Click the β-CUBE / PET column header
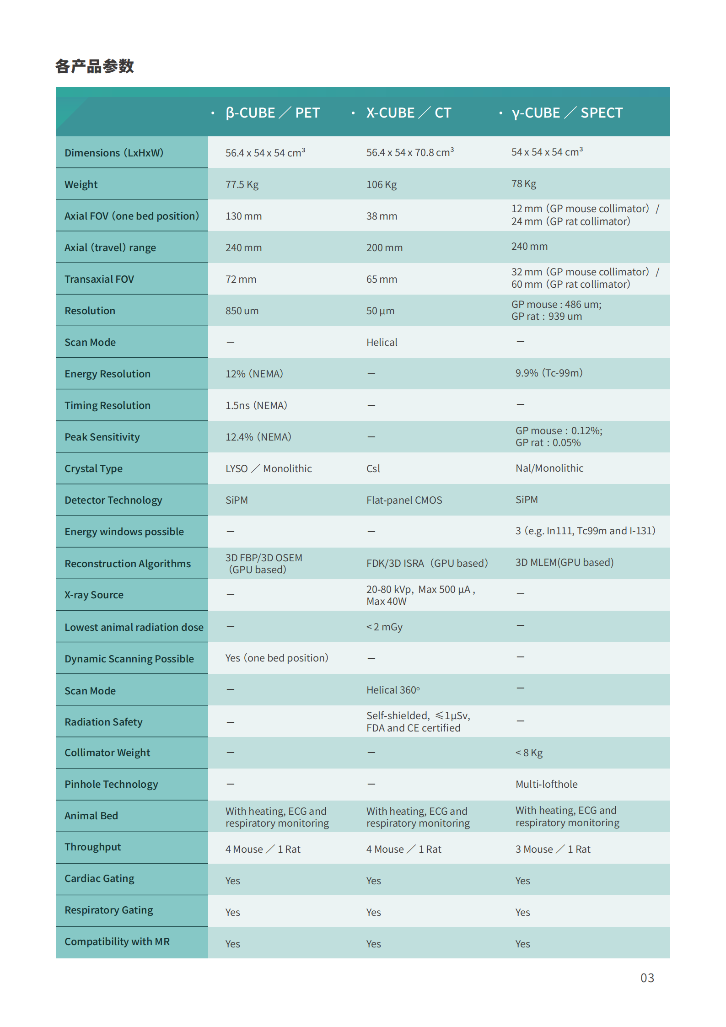point(273,113)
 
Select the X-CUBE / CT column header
point(409,113)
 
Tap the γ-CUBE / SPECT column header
point(567,113)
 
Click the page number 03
point(647,978)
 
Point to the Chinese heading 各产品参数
point(94,66)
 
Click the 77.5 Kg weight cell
point(242,184)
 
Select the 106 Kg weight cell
point(382,184)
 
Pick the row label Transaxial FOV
point(99,279)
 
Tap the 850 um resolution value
point(242,311)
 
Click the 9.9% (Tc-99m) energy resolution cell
point(549,373)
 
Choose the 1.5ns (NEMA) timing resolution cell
point(256,405)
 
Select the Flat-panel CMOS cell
point(404,500)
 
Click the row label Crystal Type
point(94,468)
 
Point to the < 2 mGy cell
point(384,627)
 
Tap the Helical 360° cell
point(393,690)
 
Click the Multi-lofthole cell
point(546,784)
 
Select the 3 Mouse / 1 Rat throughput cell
point(553,849)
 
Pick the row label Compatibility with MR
point(117,941)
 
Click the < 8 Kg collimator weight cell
point(529,753)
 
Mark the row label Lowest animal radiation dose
point(134,627)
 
